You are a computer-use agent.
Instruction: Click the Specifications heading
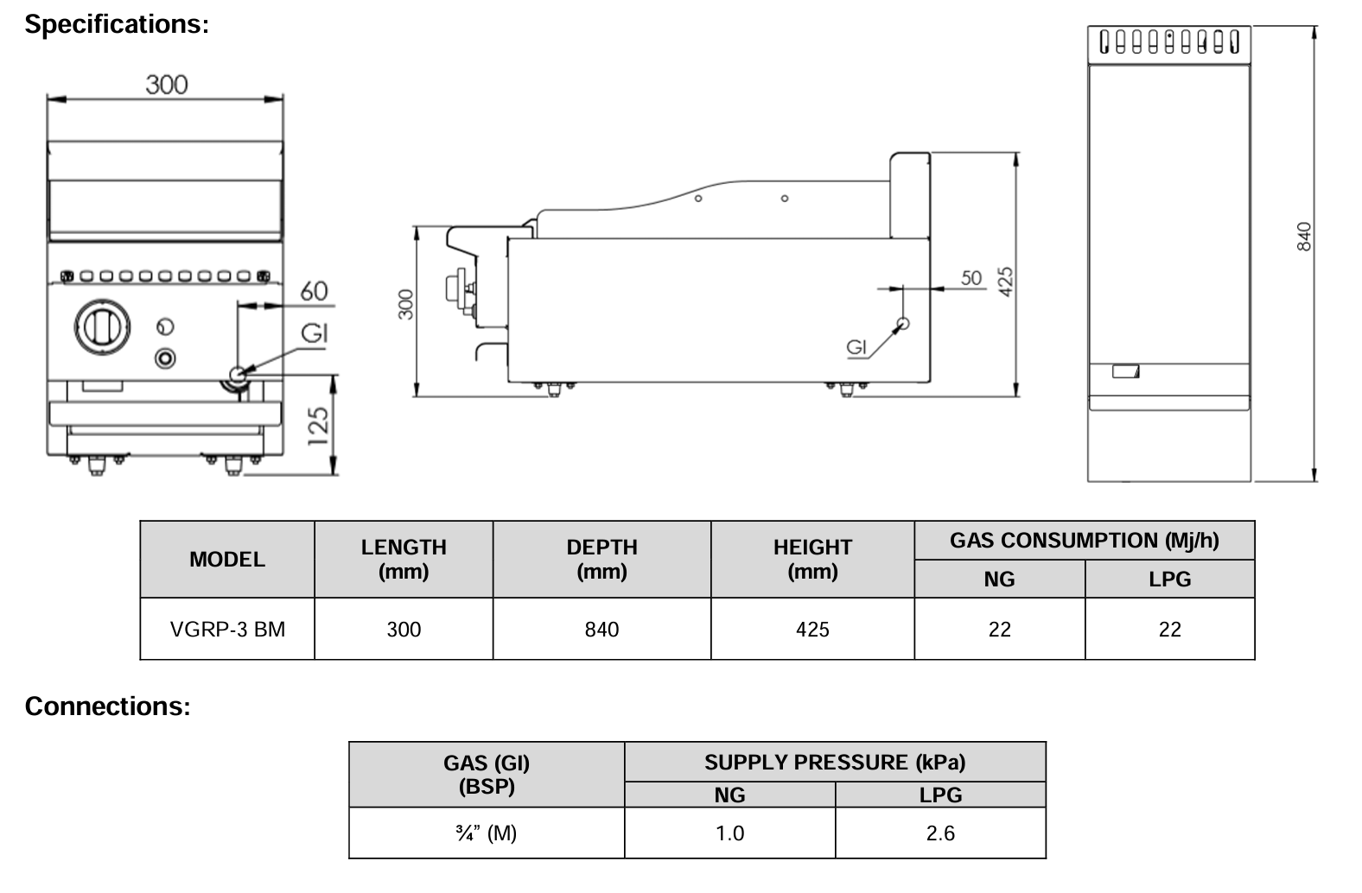(117, 24)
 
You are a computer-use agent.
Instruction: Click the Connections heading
(107, 706)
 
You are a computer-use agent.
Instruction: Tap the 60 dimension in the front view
(314, 291)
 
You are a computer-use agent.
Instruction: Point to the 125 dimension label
(319, 427)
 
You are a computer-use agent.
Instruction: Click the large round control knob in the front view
(102, 326)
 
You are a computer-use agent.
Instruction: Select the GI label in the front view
(315, 332)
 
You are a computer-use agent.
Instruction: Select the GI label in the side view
(856, 347)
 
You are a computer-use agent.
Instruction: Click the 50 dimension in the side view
(971, 277)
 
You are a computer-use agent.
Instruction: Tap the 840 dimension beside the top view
(1304, 237)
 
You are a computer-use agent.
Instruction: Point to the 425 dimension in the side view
(1006, 282)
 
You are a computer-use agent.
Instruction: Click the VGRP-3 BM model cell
(227, 630)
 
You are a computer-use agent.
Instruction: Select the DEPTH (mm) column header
(601, 559)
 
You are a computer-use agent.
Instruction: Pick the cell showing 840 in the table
(601, 630)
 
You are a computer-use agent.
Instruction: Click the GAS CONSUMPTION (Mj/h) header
(1084, 541)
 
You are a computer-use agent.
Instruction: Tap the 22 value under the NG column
(999, 630)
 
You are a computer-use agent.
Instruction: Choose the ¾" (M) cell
(487, 833)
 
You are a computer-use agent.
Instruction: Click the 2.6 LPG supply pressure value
(940, 833)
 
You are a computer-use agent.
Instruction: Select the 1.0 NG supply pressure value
(729, 833)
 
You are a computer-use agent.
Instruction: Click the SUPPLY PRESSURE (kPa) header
(834, 763)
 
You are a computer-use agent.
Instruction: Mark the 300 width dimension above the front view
(166, 85)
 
